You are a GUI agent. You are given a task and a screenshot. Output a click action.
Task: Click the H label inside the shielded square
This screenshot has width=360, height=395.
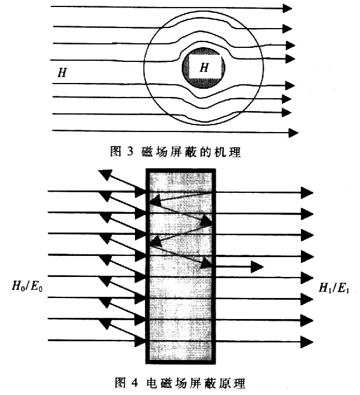tap(204, 67)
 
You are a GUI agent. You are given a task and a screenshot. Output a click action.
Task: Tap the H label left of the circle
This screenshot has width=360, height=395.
tap(62, 72)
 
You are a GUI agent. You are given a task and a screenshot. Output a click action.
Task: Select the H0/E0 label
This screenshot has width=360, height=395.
tap(27, 286)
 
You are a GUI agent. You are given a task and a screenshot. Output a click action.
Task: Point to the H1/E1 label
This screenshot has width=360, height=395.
tap(334, 287)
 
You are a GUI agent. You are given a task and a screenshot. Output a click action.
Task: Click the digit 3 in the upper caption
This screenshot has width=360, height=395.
tap(130, 151)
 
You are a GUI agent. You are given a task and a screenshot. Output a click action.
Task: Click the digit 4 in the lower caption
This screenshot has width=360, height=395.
tap(134, 383)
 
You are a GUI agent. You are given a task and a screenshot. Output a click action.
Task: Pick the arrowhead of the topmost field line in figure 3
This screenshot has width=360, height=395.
tap(287, 8)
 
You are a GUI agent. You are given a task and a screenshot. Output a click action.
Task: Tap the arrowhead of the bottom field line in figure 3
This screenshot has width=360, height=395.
tap(293, 133)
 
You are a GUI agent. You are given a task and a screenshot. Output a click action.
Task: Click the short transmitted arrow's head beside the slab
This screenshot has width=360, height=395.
tap(257, 267)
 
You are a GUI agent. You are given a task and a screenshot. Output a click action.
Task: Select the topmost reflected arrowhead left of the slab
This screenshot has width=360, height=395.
tap(105, 174)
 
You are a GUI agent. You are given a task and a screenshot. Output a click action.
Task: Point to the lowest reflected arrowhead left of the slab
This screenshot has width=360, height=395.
tap(104, 324)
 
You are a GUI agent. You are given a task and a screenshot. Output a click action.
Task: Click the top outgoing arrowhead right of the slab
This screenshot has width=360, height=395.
tap(307, 193)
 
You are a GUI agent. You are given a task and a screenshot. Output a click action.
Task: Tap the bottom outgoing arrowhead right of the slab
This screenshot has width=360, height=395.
tap(307, 342)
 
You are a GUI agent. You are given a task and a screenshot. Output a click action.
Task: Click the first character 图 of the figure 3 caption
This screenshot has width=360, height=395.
tap(116, 151)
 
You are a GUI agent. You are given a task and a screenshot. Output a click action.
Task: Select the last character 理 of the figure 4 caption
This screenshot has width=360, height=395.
tap(240, 383)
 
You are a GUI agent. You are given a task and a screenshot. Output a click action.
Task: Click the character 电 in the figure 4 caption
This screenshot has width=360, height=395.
tap(152, 383)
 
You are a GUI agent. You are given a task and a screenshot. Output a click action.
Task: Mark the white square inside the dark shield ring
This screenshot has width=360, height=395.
tap(206, 67)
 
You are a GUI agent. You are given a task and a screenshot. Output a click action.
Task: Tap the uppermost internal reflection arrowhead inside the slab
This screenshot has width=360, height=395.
tap(155, 200)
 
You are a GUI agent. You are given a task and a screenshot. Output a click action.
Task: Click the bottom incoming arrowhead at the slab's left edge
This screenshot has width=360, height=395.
tap(140, 341)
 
